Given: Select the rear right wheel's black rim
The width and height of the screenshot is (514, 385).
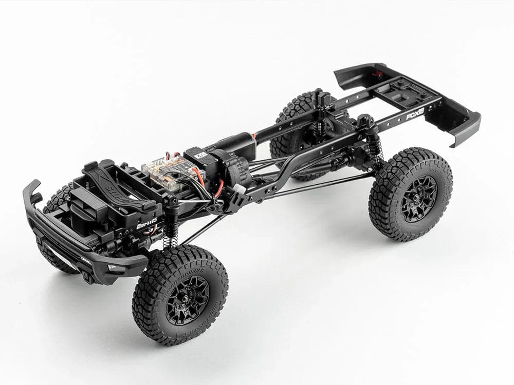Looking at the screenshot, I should point(418,198).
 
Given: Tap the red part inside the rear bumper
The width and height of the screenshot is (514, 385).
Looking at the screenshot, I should point(379,72).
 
